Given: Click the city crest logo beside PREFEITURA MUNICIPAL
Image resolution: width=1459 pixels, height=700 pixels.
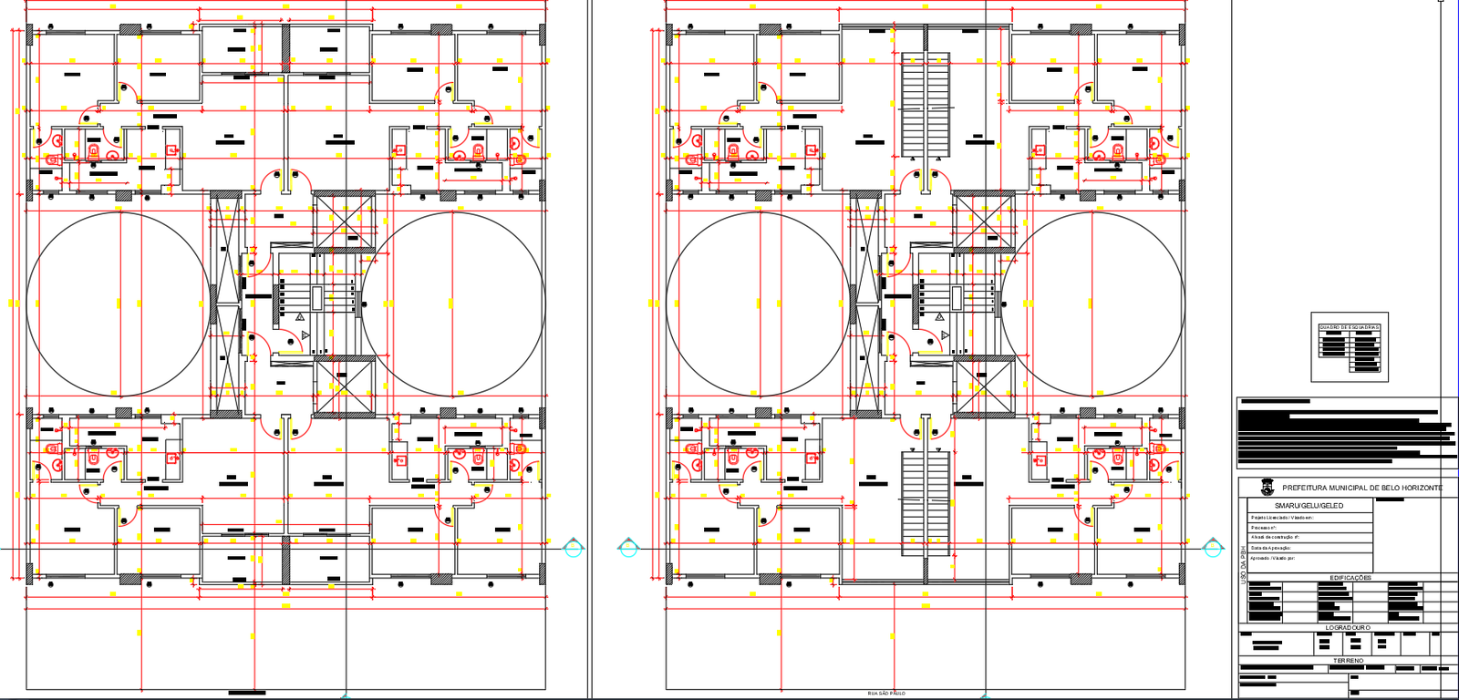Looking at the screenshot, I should pyautogui.click(x=1267, y=488).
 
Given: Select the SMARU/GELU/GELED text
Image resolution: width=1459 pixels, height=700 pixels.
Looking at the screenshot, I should pyautogui.click(x=1309, y=505).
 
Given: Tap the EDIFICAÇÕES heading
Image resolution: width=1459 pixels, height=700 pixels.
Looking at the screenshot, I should pyautogui.click(x=1350, y=578).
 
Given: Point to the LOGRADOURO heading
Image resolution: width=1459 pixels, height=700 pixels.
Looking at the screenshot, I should pyautogui.click(x=1348, y=628).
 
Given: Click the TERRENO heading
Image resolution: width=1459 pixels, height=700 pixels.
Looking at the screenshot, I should pyautogui.click(x=1349, y=660).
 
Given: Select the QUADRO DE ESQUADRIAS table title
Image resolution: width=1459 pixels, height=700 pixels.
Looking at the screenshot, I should pyautogui.click(x=1350, y=327).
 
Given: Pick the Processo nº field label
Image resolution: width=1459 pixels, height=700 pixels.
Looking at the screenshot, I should pyautogui.click(x=1264, y=528).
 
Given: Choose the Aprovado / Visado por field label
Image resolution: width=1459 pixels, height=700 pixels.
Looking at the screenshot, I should pyautogui.click(x=1273, y=558).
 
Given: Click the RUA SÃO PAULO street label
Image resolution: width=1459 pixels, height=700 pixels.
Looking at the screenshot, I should pyautogui.click(x=886, y=694).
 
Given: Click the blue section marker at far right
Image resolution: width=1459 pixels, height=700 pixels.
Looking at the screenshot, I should pyautogui.click(x=1213, y=548).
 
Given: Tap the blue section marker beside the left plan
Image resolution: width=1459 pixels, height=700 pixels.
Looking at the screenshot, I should pyautogui.click(x=573, y=548).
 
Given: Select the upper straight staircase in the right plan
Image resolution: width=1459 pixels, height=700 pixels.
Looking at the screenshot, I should pyautogui.click(x=926, y=105).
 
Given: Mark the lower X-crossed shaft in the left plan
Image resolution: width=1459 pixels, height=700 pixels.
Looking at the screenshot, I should pyautogui.click(x=344, y=386).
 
